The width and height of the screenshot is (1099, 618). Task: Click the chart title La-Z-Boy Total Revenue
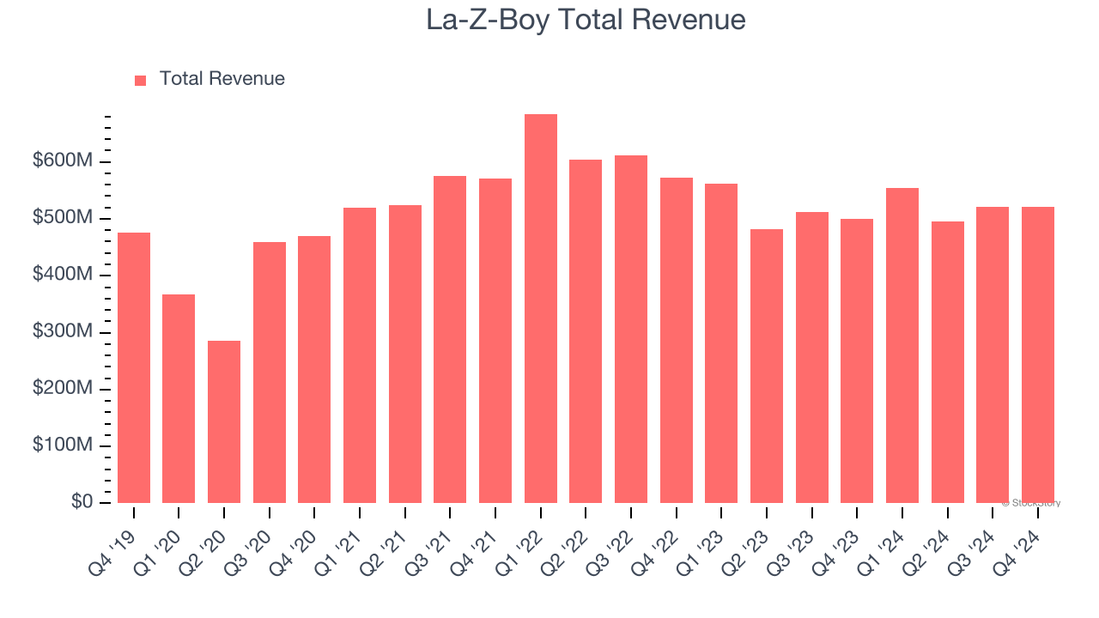pos(586,21)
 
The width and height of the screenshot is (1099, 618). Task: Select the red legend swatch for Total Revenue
pos(141,80)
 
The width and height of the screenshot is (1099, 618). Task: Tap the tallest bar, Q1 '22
pos(540,309)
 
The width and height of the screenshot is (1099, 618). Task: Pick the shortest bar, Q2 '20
pos(224,421)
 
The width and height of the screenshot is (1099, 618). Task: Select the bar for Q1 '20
pos(179,398)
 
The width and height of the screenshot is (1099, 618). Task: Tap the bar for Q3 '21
pos(450,339)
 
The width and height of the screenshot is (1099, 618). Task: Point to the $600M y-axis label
pos(63,161)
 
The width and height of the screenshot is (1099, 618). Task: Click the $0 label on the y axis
pos(82,501)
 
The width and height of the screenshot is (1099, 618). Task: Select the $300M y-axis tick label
pos(63,331)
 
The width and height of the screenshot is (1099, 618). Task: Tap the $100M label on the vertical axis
pos(63,445)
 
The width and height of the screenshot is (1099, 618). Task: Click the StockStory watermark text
pos(1031,503)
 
